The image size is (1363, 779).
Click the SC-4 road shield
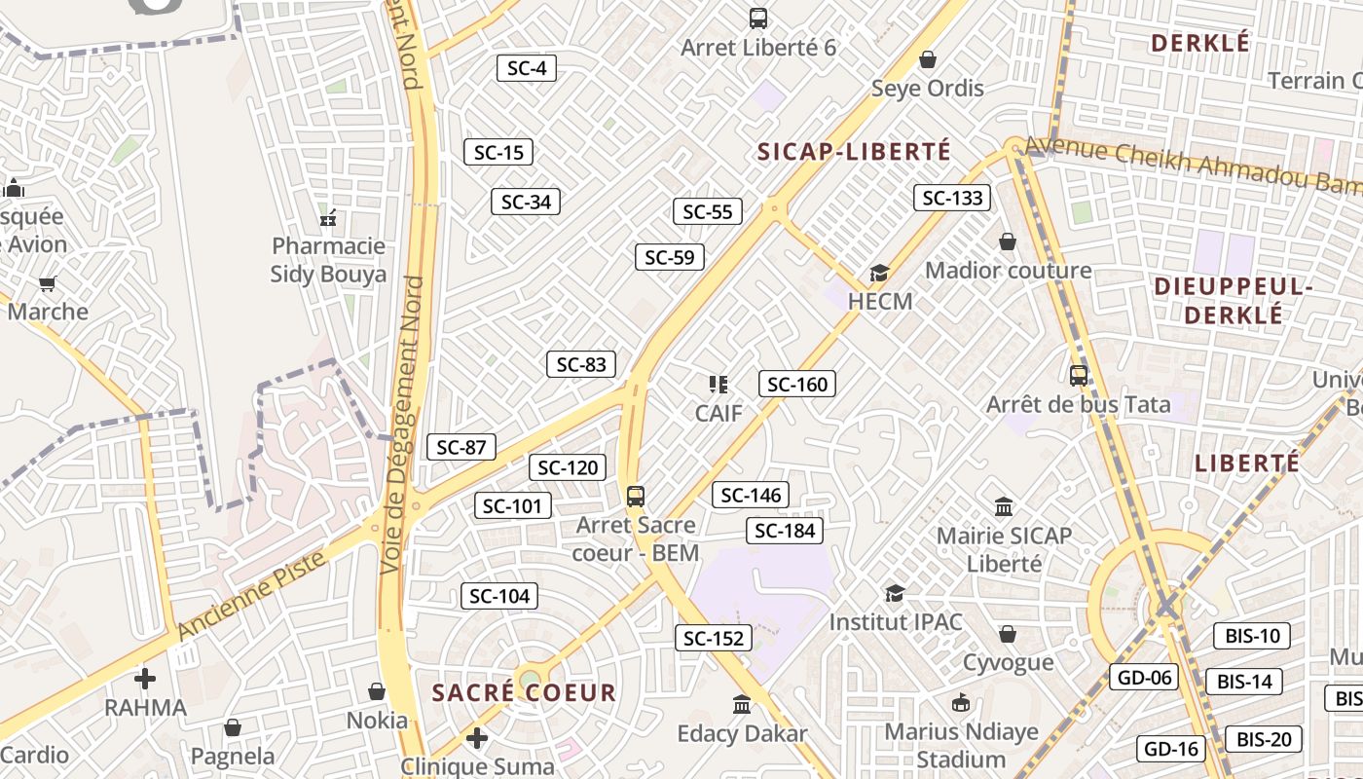(x=527, y=68)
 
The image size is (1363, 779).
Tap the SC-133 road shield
(x=952, y=198)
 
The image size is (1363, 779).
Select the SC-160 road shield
(x=797, y=384)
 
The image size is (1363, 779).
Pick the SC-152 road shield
(x=714, y=638)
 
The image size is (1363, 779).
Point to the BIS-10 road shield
(x=1251, y=636)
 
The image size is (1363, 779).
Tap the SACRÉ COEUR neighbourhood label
(x=524, y=693)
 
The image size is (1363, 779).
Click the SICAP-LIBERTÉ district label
(x=854, y=152)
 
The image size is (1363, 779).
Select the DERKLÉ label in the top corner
(x=1199, y=44)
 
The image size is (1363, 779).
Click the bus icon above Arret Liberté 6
(x=757, y=18)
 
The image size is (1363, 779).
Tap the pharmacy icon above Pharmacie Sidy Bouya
(x=328, y=217)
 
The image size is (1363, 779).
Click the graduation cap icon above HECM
(x=880, y=273)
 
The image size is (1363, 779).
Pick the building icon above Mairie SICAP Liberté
(x=1004, y=506)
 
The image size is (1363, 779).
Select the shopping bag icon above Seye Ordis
(x=928, y=60)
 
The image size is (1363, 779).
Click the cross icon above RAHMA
(x=145, y=679)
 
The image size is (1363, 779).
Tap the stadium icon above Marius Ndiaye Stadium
(x=960, y=702)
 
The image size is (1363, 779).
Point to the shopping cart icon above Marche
(x=48, y=283)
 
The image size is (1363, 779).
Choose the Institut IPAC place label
(x=896, y=621)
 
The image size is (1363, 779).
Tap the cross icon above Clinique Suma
(x=476, y=738)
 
